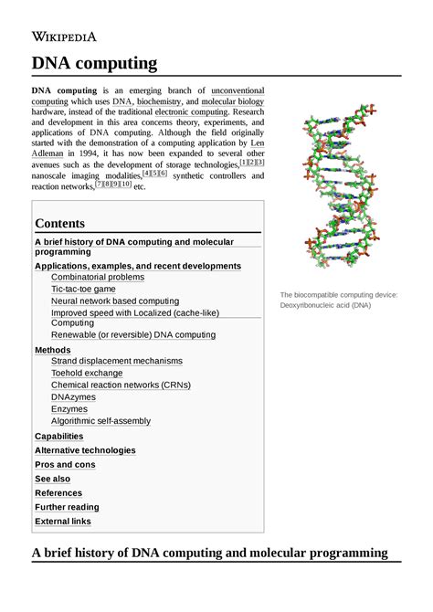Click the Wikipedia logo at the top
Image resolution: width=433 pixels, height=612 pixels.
pos(65,37)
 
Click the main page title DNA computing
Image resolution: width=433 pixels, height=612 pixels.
pos(95,63)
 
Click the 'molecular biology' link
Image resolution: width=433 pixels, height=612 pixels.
pos(233,102)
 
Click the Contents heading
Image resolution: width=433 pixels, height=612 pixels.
pos(59,223)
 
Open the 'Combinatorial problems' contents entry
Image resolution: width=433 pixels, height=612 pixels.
pos(98,277)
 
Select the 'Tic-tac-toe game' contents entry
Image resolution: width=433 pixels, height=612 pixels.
pos(83,289)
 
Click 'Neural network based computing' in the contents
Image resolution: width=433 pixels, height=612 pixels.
pos(115,301)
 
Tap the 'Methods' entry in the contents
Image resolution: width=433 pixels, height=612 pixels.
pos(52,350)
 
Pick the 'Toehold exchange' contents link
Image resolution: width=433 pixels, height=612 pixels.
pos(87,374)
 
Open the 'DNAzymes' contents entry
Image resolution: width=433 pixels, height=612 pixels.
pos(74,397)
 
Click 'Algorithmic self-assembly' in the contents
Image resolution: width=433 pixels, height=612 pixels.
pos(101,421)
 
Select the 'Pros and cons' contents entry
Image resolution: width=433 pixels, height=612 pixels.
pos(65,465)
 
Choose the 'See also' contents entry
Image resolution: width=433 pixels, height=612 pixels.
pos(52,479)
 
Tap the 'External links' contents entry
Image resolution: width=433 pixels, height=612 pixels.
pos(63,522)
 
